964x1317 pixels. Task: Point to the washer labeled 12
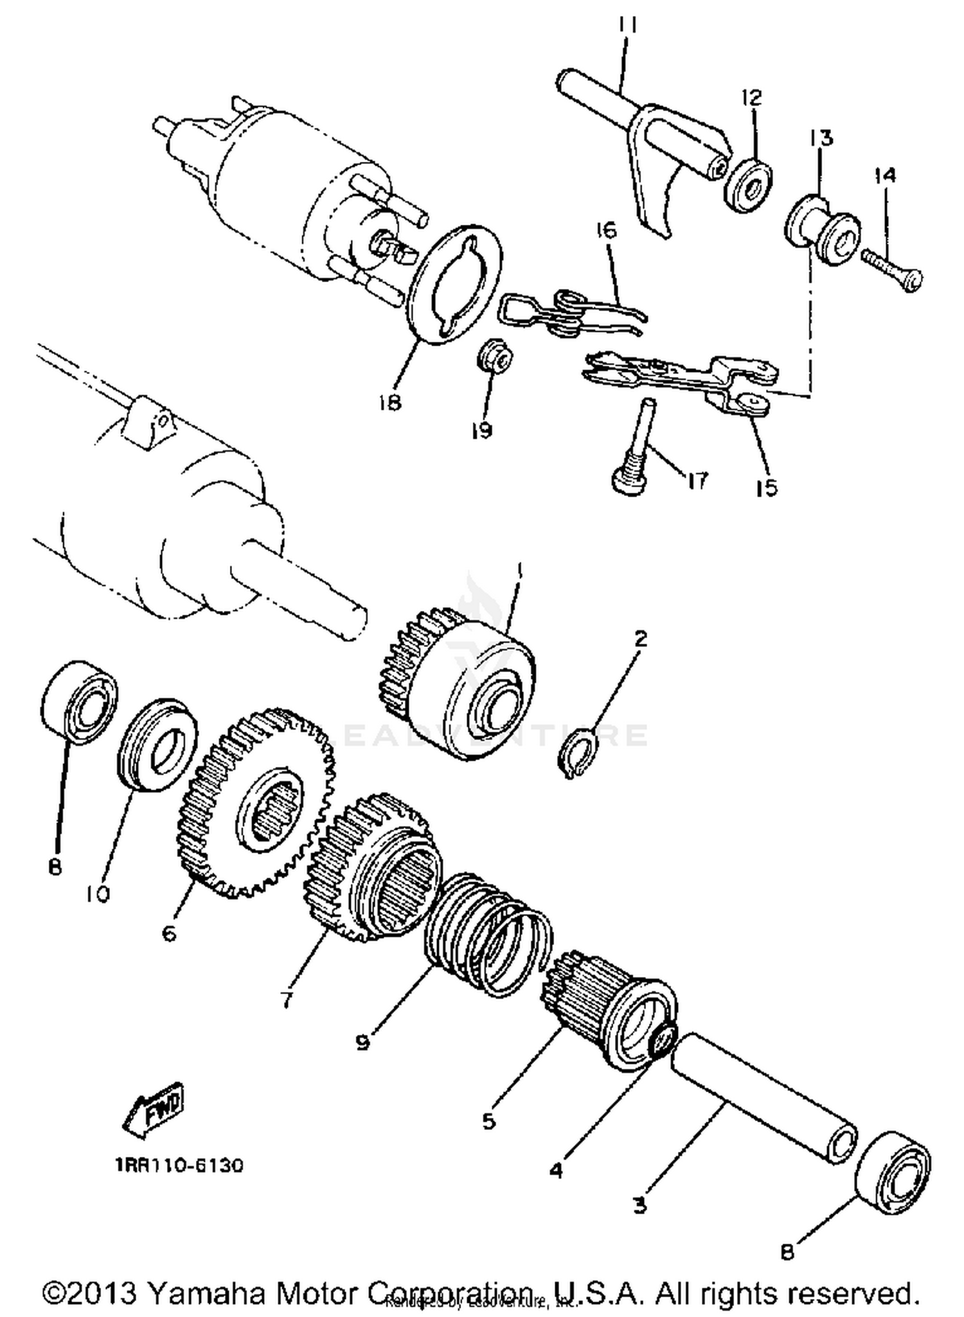749,186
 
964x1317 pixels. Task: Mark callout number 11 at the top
628,26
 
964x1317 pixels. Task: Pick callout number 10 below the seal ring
98,894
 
